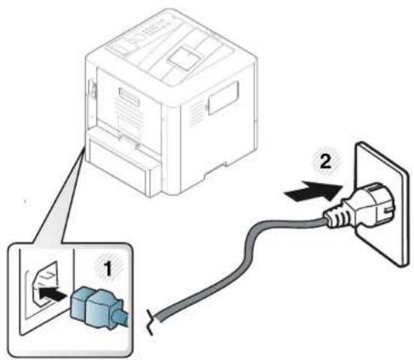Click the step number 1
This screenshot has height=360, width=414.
tap(107, 269)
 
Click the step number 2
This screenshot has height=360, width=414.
tap(326, 162)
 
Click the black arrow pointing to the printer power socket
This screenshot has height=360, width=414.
tap(52, 294)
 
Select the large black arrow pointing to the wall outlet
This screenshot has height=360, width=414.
tap(314, 191)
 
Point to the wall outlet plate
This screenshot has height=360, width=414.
tap(381, 203)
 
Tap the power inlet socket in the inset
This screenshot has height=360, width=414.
tap(44, 284)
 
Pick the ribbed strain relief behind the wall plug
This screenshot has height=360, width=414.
tap(338, 215)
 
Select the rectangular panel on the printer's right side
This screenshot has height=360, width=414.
tap(224, 98)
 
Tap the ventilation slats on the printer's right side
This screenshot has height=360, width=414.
tap(197, 114)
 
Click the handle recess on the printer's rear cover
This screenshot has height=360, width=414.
tap(129, 96)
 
